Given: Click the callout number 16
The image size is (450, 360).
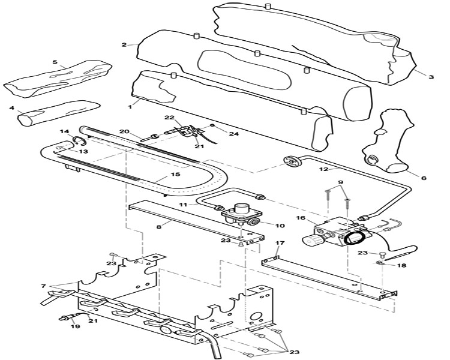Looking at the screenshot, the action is pyautogui.click(x=301, y=218).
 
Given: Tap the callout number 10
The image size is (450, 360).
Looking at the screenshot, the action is pyautogui.click(x=280, y=226).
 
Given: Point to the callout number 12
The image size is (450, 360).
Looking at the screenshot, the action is pyautogui.click(x=323, y=169).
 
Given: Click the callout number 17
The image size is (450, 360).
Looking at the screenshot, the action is pyautogui.click(x=280, y=243).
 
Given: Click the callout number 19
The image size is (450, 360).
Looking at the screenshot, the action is pyautogui.click(x=76, y=326).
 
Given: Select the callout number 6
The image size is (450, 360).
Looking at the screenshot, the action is pyautogui.click(x=424, y=178).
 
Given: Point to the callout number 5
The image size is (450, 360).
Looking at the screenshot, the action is pyautogui.click(x=55, y=62).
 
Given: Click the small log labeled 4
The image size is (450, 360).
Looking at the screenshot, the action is pyautogui.click(x=59, y=112).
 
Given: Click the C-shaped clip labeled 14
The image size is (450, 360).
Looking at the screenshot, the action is pyautogui.click(x=79, y=140).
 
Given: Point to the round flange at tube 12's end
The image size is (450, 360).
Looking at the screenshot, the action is pyautogui.click(x=292, y=161).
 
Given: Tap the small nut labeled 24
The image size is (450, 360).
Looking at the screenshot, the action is pyautogui.click(x=212, y=125).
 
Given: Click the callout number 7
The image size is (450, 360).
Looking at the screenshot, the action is pyautogui.click(x=43, y=286).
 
